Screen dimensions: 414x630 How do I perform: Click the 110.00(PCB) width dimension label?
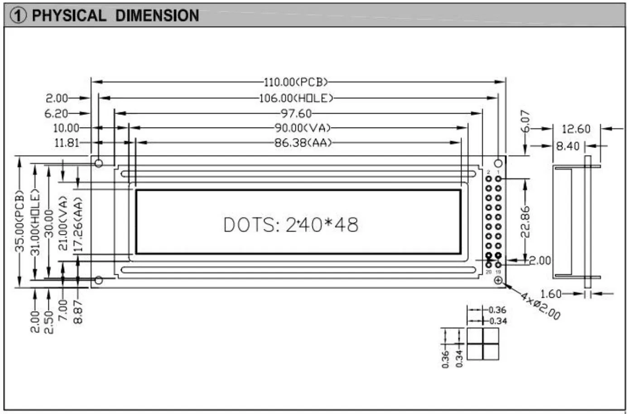[295, 82]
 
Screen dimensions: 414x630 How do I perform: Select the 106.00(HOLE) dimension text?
[296, 98]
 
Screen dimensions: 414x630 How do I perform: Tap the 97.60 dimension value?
[297, 113]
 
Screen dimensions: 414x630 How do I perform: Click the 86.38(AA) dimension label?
[303, 143]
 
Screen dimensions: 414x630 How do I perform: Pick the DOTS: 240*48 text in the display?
[291, 224]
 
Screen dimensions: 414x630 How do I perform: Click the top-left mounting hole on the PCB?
[98, 163]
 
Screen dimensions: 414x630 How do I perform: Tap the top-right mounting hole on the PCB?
[498, 163]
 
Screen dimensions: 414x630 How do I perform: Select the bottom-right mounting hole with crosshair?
[498, 281]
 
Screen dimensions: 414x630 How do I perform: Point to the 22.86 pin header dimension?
[525, 222]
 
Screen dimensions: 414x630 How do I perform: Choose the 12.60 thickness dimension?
[576, 129]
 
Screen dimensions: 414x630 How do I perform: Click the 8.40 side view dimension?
[567, 146]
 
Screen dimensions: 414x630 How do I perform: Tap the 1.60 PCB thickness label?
[551, 294]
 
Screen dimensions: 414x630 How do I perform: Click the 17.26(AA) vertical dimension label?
[78, 224]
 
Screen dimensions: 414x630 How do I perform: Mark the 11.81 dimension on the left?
[67, 143]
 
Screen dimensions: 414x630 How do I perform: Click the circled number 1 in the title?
[18, 16]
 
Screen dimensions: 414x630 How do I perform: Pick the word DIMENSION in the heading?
[157, 16]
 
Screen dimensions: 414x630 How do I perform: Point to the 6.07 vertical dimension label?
[525, 121]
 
